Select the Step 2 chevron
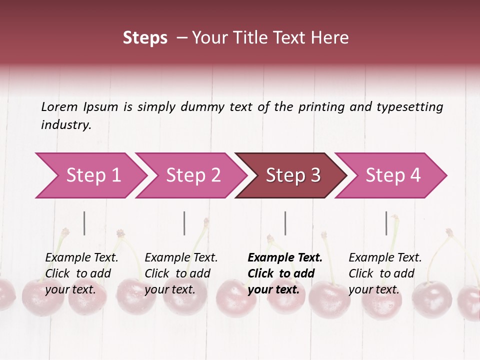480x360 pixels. (192, 175)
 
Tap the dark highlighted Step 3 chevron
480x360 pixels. (292, 175)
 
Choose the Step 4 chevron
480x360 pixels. (392, 175)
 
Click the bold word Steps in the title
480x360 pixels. (145, 38)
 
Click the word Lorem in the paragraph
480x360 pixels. (59, 106)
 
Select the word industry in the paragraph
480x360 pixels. (65, 125)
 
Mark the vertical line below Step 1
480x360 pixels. (84, 223)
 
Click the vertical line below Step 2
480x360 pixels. (184, 223)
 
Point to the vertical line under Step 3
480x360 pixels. (285, 223)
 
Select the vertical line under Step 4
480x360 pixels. (386, 223)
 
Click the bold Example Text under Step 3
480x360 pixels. (285, 258)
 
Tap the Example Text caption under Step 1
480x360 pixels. (81, 258)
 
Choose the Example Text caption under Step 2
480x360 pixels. (181, 258)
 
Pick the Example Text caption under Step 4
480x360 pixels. (385, 258)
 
